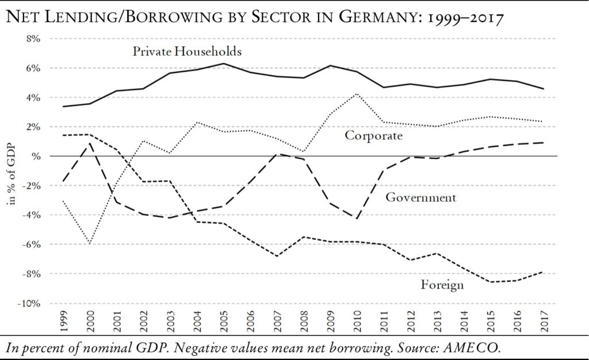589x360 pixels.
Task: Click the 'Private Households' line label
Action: (187, 51)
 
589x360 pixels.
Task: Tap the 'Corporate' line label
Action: (372, 136)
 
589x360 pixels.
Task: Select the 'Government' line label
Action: (420, 198)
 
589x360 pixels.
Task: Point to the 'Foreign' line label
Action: (442, 285)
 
